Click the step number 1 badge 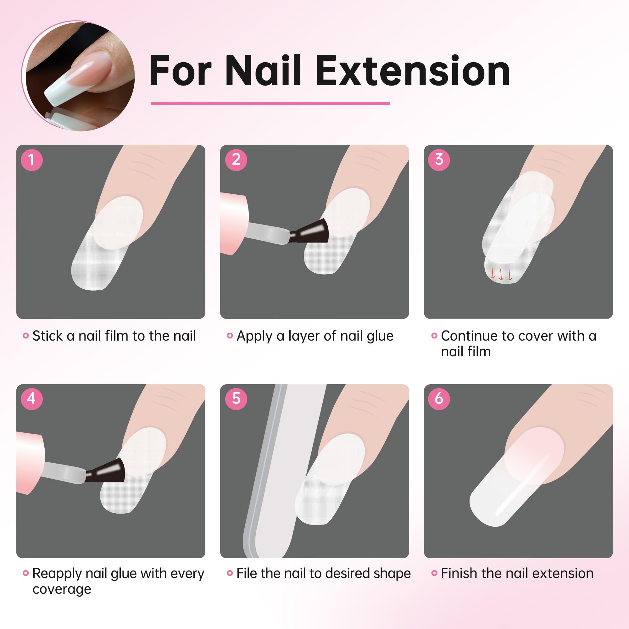click(31, 160)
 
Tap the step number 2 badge click(236, 160)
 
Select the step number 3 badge click(439, 160)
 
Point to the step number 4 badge click(31, 398)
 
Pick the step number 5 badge click(236, 398)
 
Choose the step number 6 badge click(439, 398)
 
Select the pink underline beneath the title click(270, 103)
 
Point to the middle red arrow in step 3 click(501, 274)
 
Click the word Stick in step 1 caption click(47, 336)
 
